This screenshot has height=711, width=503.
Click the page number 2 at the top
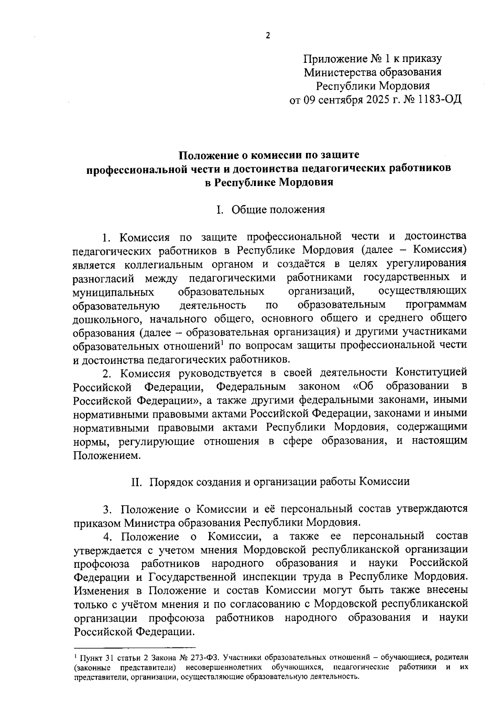coord(268,36)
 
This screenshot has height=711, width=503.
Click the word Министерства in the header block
coord(340,72)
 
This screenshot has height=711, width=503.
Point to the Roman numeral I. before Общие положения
coord(219,209)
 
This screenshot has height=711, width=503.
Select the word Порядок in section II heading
coord(170,481)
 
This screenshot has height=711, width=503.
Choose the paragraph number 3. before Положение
coord(108,509)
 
